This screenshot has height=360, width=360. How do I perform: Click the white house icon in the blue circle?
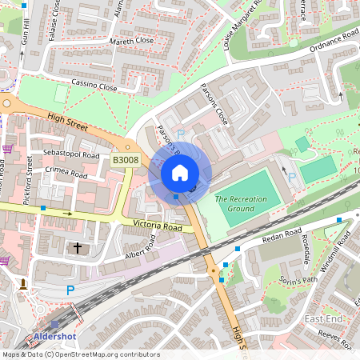pos(180,173)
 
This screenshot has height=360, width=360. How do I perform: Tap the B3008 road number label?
pos(126,161)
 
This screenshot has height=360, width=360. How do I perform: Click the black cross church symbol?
pos(78,248)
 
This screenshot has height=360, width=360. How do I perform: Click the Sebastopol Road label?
pos(72,154)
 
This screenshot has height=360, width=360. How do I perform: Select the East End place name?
pos(324,319)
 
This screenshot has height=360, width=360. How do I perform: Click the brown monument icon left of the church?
pos(23,284)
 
